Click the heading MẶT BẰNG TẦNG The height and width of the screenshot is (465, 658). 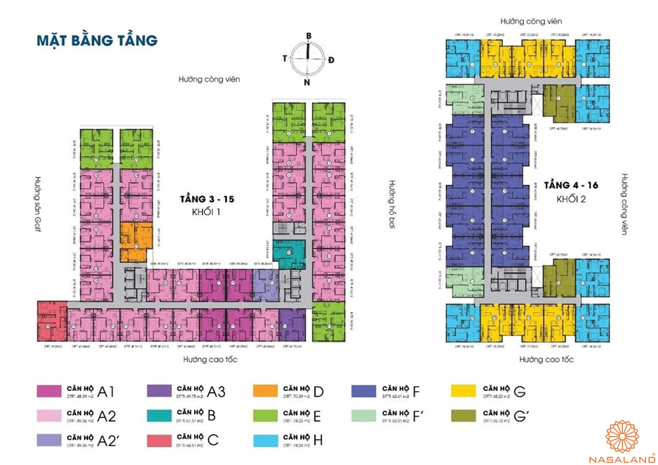tap(97, 41)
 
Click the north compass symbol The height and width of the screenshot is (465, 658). tap(308, 59)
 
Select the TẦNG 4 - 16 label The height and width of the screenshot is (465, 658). tap(570, 185)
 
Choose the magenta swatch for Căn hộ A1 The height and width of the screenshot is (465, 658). tap(49, 391)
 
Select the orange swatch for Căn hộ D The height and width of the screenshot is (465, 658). tap(266, 391)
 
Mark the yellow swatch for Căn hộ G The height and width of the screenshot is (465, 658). tap(463, 391)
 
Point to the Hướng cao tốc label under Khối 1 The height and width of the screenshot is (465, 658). tap(210, 360)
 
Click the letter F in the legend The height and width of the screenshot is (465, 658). tap(417, 391)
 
